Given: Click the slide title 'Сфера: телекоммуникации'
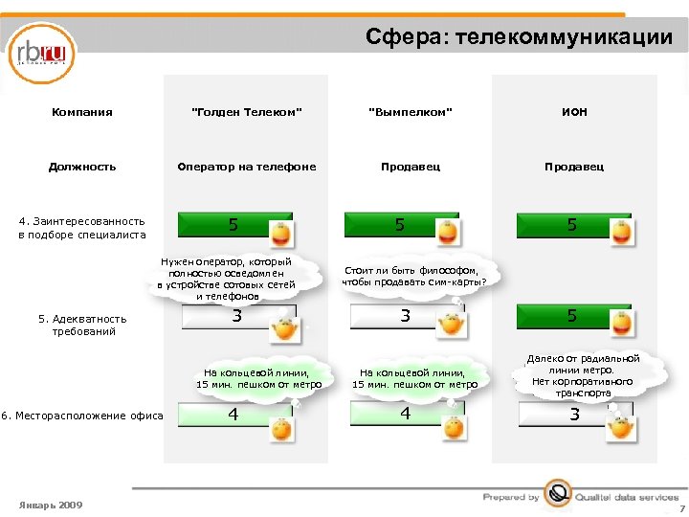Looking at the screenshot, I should point(519,37).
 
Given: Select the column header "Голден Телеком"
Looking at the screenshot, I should point(247,112).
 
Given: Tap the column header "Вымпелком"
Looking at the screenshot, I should point(410,112).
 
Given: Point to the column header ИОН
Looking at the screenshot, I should point(573,112).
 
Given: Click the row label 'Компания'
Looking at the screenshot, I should point(82,112).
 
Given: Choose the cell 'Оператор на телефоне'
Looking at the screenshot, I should point(247,167).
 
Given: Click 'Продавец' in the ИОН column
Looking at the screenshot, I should point(573,167).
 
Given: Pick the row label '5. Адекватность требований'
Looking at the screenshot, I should point(82,325).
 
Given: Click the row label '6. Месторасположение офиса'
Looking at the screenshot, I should point(82,415).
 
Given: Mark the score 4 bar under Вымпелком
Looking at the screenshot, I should point(406,414).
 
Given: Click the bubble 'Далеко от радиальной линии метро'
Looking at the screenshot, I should point(583,375).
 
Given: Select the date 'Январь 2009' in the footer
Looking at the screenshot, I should point(51,505).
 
